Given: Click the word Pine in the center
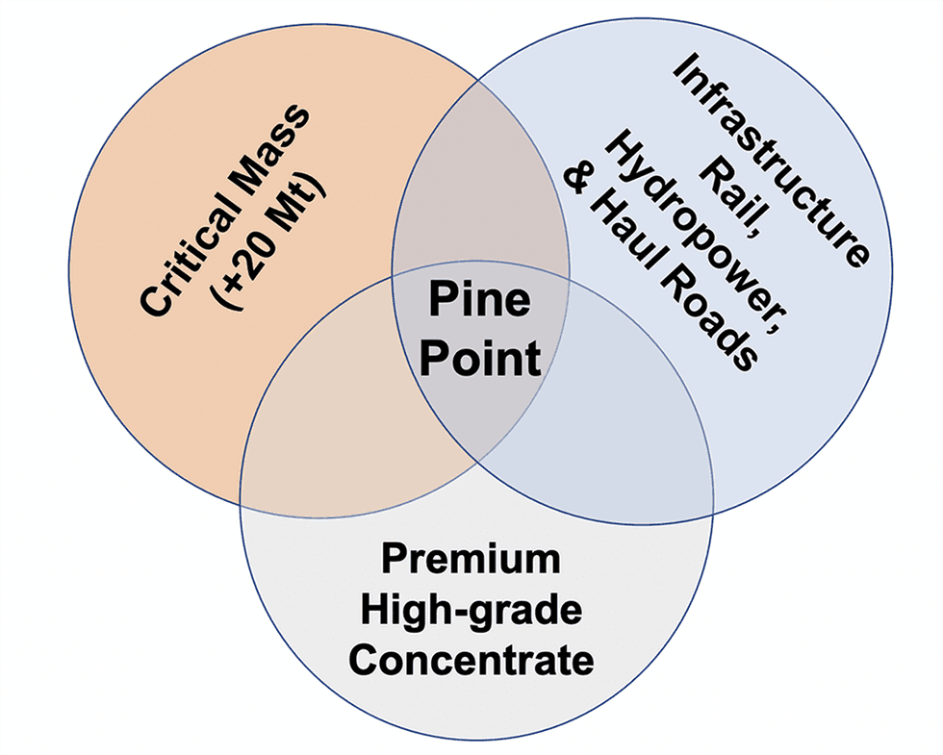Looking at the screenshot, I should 479,301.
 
